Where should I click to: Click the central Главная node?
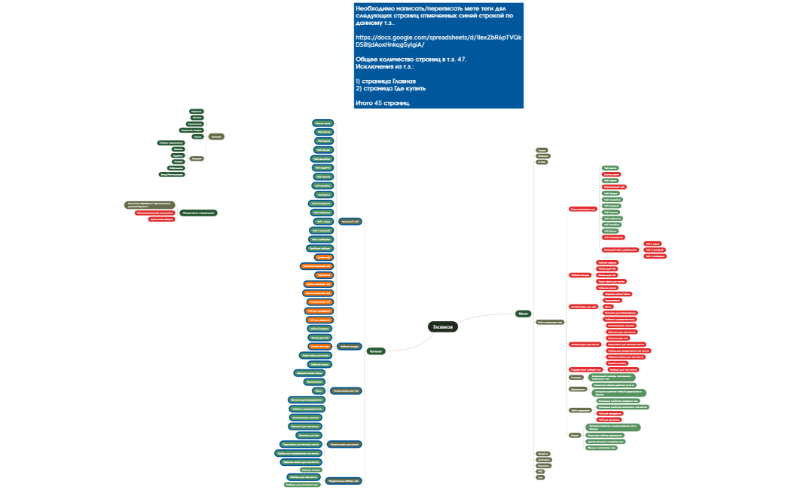[x=442, y=326]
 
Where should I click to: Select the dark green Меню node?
[x=524, y=313]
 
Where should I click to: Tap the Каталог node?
[x=377, y=351]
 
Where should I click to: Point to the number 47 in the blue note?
[x=461, y=59]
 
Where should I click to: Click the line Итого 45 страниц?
[x=383, y=102]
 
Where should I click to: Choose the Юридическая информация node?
[x=199, y=213]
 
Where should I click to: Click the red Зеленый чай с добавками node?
[x=621, y=249]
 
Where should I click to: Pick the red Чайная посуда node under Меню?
[x=579, y=275]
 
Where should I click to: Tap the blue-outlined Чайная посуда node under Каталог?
[x=349, y=346]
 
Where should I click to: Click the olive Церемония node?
[x=578, y=389]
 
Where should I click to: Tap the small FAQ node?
[x=541, y=470]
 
